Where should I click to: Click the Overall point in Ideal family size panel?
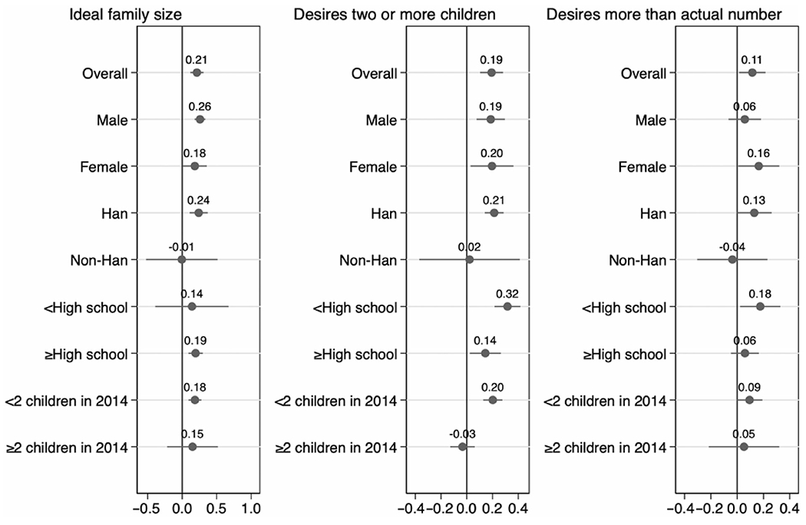(197, 73)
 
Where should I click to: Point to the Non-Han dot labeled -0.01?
(181, 259)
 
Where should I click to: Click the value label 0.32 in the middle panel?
(507, 293)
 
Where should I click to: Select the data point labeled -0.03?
(462, 447)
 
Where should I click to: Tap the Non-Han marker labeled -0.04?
(732, 259)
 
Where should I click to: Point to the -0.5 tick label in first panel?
(144, 507)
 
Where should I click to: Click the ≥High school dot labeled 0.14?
(485, 353)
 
